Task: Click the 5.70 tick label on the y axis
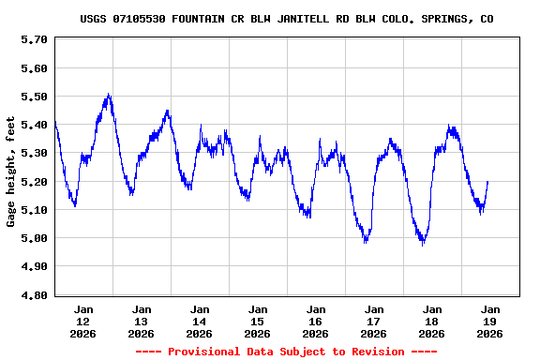tap(34, 39)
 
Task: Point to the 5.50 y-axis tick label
tap(34, 97)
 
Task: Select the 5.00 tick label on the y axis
tap(34, 238)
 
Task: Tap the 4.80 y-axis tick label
tap(34, 295)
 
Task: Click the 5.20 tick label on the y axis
tap(34, 182)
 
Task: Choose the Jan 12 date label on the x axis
tap(83, 321)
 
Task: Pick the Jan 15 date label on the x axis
tap(257, 321)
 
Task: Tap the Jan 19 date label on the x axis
tap(489, 321)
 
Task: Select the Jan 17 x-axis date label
tap(373, 321)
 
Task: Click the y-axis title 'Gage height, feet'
tap(11, 171)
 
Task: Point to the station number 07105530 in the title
tap(140, 19)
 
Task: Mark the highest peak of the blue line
tap(109, 95)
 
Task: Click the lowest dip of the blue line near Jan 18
tap(423, 244)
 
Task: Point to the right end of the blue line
tap(487, 182)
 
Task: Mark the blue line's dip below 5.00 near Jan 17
tap(366, 241)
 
